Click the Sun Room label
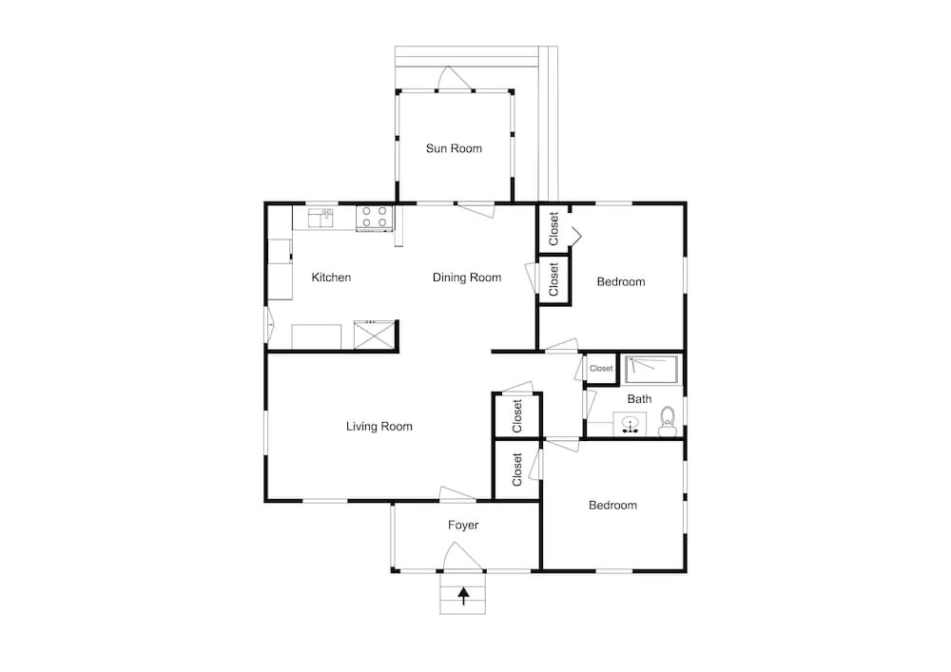(x=454, y=148)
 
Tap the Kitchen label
(x=331, y=278)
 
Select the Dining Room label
(x=467, y=278)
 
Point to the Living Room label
(x=379, y=427)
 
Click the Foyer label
(x=463, y=526)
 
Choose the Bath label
(x=639, y=399)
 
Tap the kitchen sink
(x=320, y=218)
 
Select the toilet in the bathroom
(x=668, y=421)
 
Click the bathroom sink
(x=630, y=423)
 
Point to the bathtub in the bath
(x=652, y=370)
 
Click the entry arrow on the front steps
(x=464, y=596)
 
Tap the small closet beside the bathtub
(x=601, y=369)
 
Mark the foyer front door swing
(x=463, y=556)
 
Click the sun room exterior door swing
(x=455, y=79)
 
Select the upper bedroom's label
(x=621, y=281)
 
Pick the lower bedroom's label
(x=612, y=506)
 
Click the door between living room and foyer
(x=458, y=494)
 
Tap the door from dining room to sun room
(x=475, y=210)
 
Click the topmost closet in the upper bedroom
(x=553, y=228)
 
